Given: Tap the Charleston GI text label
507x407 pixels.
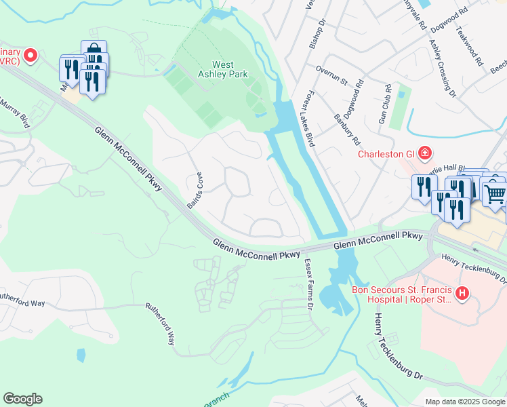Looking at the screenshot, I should coord(386,153).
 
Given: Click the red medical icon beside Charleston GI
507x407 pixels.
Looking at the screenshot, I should coord(424,153).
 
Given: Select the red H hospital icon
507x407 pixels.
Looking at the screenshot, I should coord(462,293).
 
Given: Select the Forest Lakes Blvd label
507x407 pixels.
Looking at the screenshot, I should coord(310,118).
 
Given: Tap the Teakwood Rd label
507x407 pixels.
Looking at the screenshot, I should coord(471,45).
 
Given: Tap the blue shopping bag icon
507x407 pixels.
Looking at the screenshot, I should coord(94,50).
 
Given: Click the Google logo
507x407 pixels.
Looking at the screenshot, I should coord(22,399).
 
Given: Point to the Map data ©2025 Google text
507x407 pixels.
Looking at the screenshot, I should coord(465,402).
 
